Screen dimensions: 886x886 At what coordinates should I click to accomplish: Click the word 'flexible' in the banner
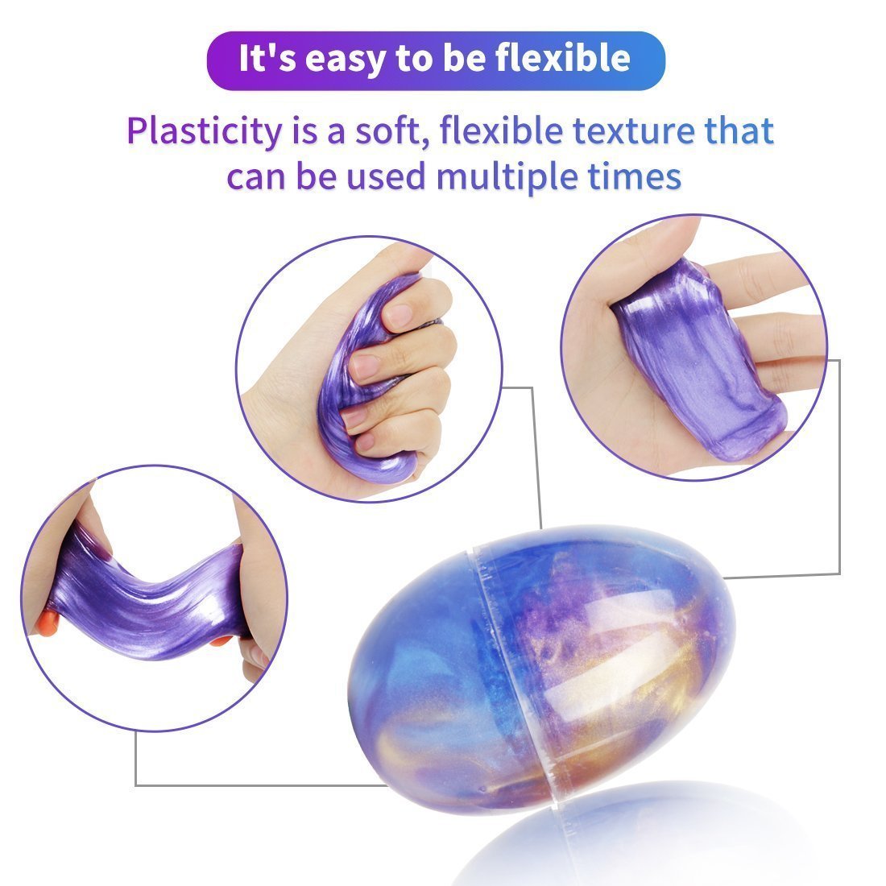pos(562,57)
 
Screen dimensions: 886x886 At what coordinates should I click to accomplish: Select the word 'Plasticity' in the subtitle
pos(205,132)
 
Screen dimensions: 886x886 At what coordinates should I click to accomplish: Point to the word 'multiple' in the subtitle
pos(507,177)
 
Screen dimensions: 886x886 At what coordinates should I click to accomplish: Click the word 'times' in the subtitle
pos(635,176)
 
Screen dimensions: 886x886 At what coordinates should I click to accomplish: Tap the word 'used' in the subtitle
pos(385,176)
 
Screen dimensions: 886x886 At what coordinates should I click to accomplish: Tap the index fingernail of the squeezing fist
pos(400,316)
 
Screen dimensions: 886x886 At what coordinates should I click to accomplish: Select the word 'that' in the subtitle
pos(739,130)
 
